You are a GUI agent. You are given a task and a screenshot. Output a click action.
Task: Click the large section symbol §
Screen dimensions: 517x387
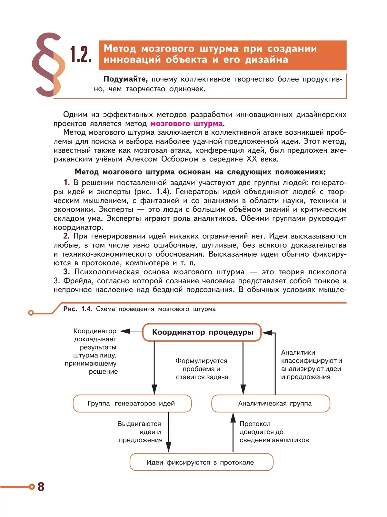48,64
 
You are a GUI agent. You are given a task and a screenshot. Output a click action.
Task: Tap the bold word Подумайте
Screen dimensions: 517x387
125,79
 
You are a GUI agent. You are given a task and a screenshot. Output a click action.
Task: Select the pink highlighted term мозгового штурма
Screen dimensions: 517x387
186,123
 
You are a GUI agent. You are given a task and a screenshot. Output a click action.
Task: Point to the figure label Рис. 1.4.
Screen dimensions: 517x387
77,309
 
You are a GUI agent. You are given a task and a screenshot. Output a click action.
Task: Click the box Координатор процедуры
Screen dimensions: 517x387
202,332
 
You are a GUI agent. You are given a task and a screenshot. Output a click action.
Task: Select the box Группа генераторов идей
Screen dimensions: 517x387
132,404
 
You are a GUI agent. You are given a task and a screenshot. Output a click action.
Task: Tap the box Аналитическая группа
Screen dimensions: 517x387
271,404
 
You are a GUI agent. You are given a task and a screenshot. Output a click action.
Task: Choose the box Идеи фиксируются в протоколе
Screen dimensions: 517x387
201,462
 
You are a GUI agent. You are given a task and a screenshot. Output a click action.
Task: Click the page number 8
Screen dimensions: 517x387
41,487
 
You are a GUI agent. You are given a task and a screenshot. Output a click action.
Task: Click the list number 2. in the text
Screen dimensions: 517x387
66,236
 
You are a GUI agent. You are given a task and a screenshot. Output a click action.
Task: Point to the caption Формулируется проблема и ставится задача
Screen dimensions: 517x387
202,369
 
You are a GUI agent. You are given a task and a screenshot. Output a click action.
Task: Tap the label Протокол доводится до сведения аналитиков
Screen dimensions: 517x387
274,432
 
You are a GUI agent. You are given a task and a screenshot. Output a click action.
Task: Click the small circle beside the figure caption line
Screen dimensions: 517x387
31,313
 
